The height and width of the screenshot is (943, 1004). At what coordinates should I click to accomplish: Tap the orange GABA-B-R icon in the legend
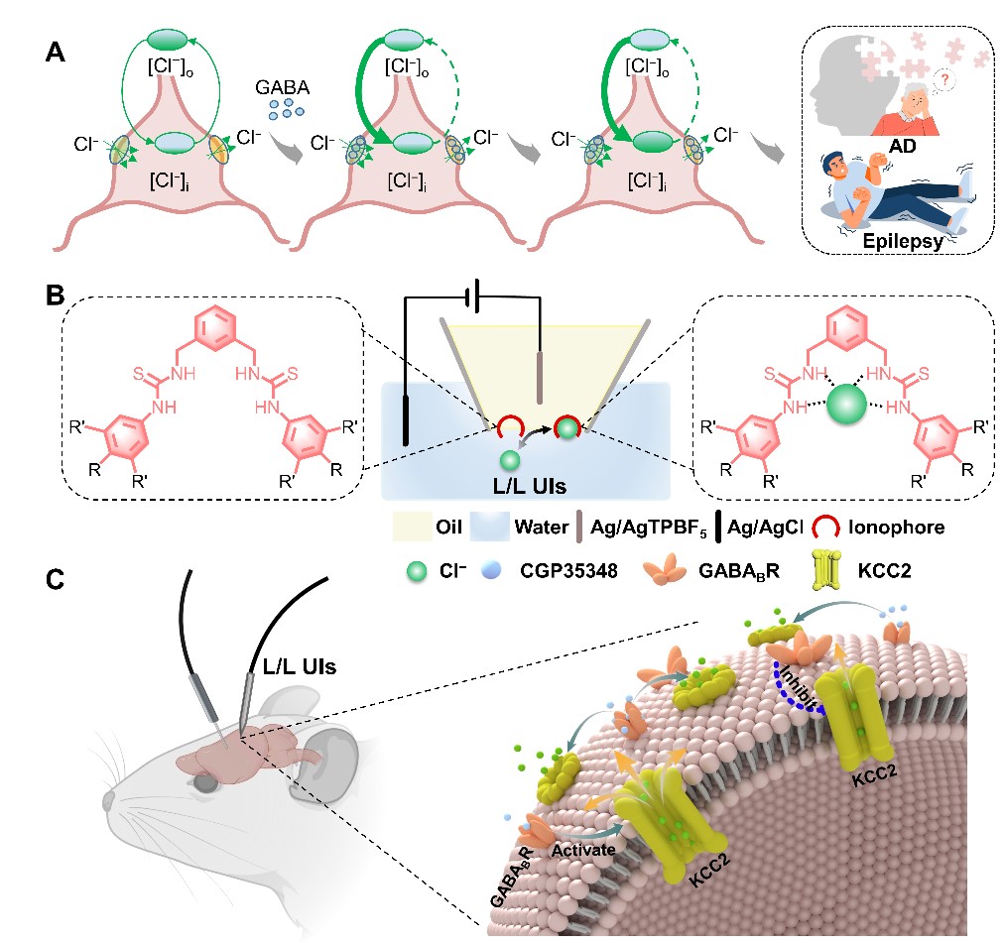coord(611,571)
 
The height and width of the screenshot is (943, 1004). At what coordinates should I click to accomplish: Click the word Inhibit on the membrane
coord(801,697)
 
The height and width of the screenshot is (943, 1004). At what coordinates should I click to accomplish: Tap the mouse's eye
coord(203,782)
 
